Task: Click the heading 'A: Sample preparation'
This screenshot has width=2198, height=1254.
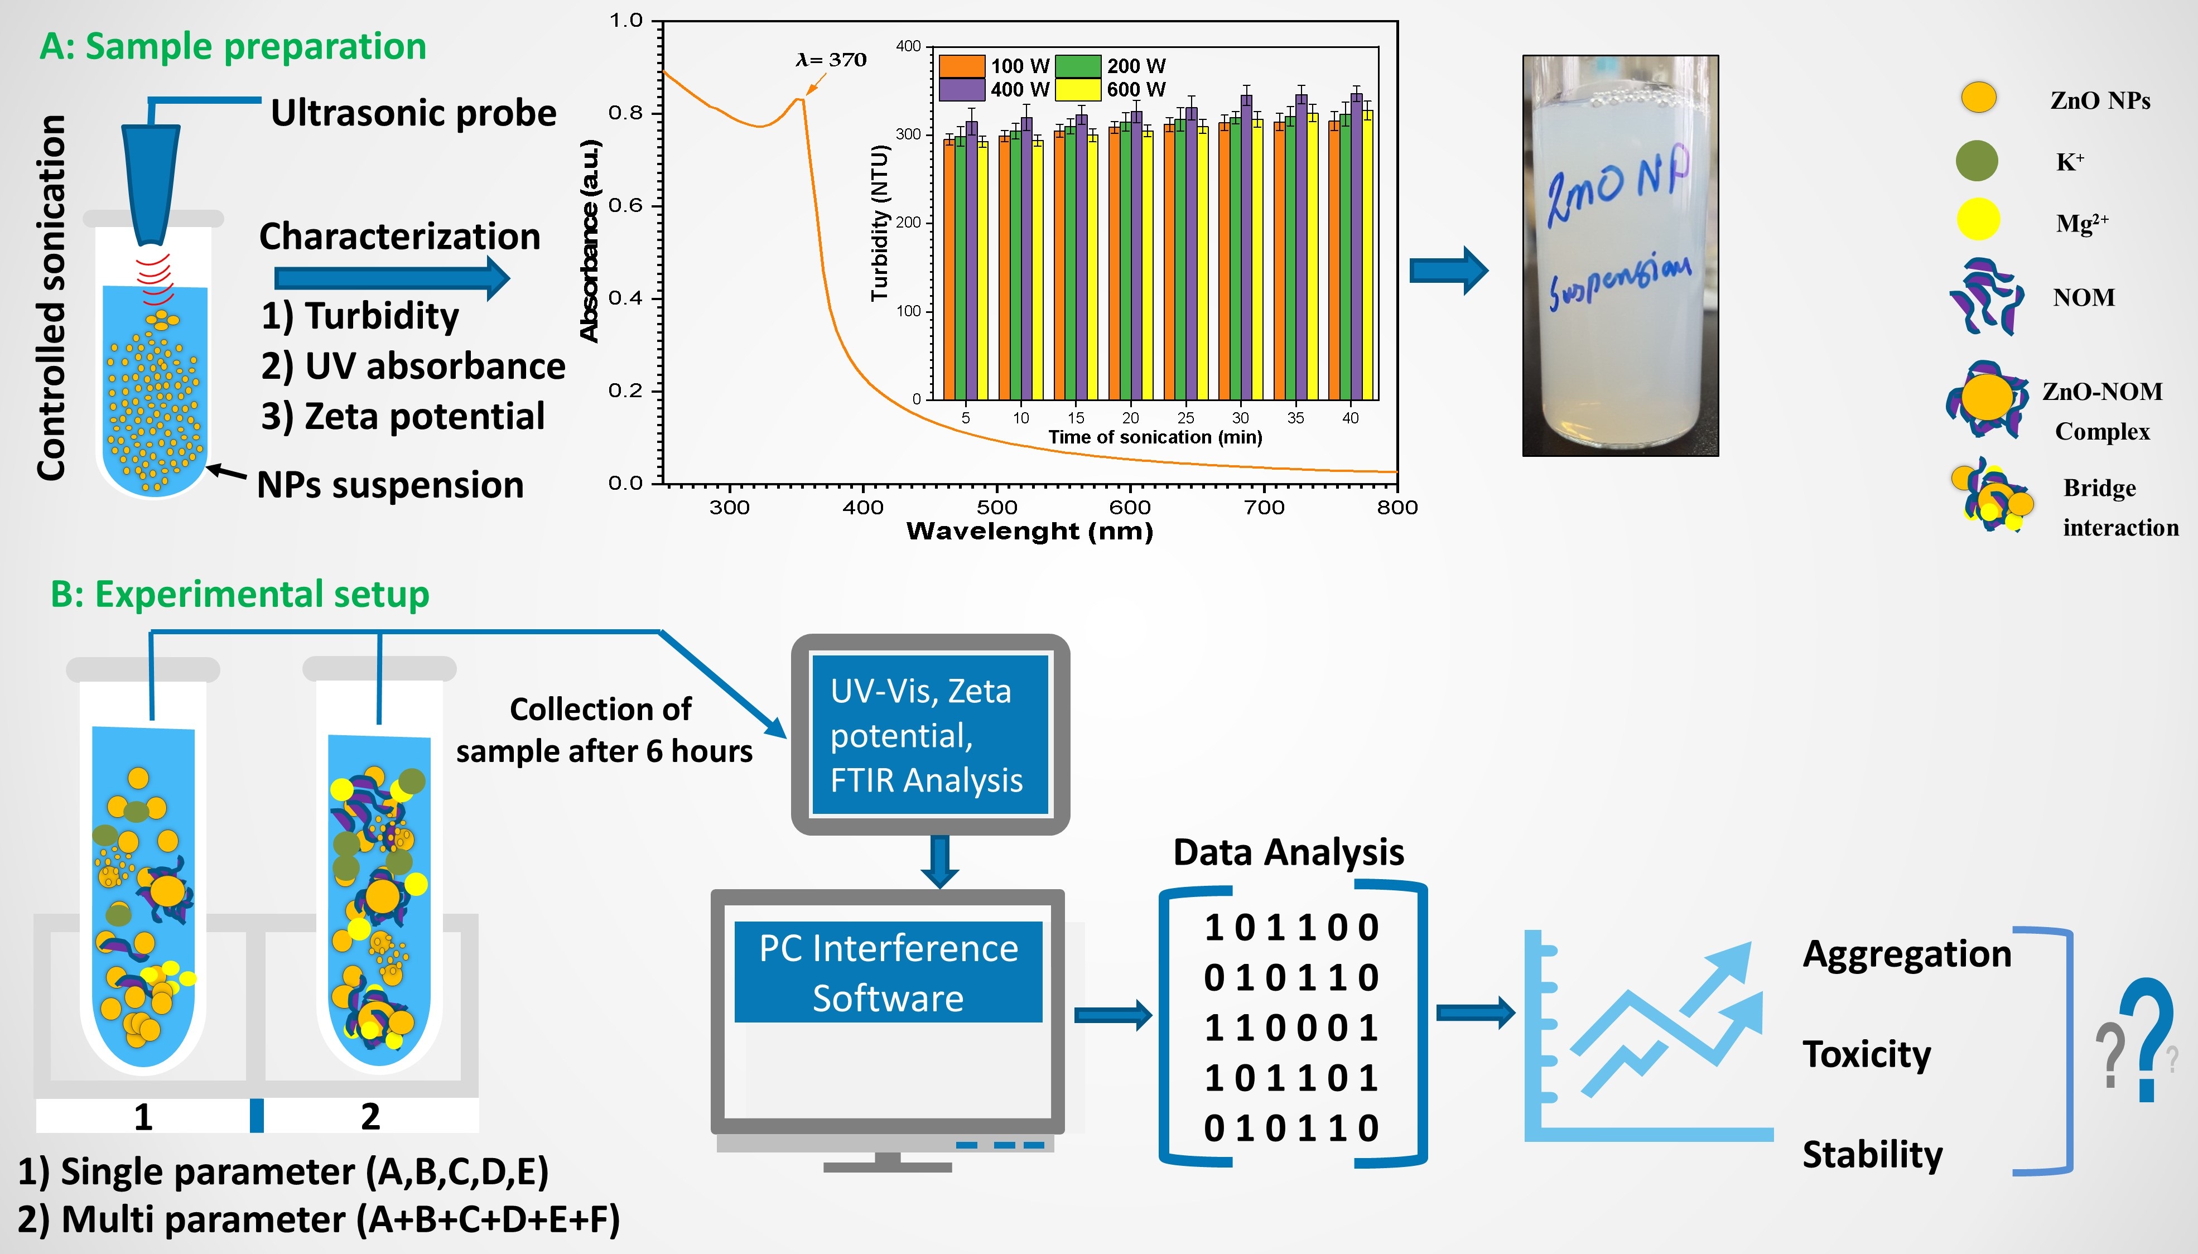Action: click(x=233, y=46)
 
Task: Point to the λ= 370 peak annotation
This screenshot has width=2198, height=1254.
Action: click(x=831, y=60)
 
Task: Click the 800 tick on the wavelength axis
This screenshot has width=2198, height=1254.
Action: click(x=1396, y=507)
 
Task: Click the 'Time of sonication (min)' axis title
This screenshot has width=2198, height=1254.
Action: click(x=1155, y=437)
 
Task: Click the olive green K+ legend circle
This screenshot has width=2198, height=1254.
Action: click(x=1977, y=161)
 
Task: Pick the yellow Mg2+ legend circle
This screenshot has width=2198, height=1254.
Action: click(x=1978, y=220)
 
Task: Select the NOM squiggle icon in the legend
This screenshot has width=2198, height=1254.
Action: click(x=1986, y=298)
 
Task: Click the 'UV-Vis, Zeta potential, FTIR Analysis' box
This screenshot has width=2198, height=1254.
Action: click(x=929, y=735)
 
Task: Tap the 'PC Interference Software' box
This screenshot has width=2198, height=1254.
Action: click(x=888, y=972)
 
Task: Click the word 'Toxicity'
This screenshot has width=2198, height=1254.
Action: click(x=1867, y=1054)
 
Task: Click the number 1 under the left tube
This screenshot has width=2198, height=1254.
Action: click(x=143, y=1117)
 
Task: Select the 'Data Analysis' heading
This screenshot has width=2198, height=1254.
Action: click(x=1289, y=852)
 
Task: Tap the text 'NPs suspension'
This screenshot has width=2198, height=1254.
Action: click(x=390, y=485)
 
